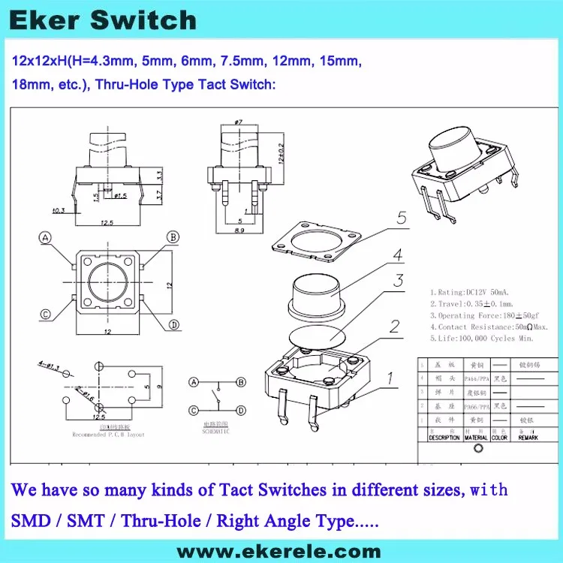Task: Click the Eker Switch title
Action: point(103,20)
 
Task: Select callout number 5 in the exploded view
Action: point(402,218)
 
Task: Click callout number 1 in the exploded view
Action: point(390,378)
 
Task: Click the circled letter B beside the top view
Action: point(173,238)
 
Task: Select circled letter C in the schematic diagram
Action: point(194,410)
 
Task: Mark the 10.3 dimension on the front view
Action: point(58,209)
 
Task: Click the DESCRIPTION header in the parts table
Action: point(444,437)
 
